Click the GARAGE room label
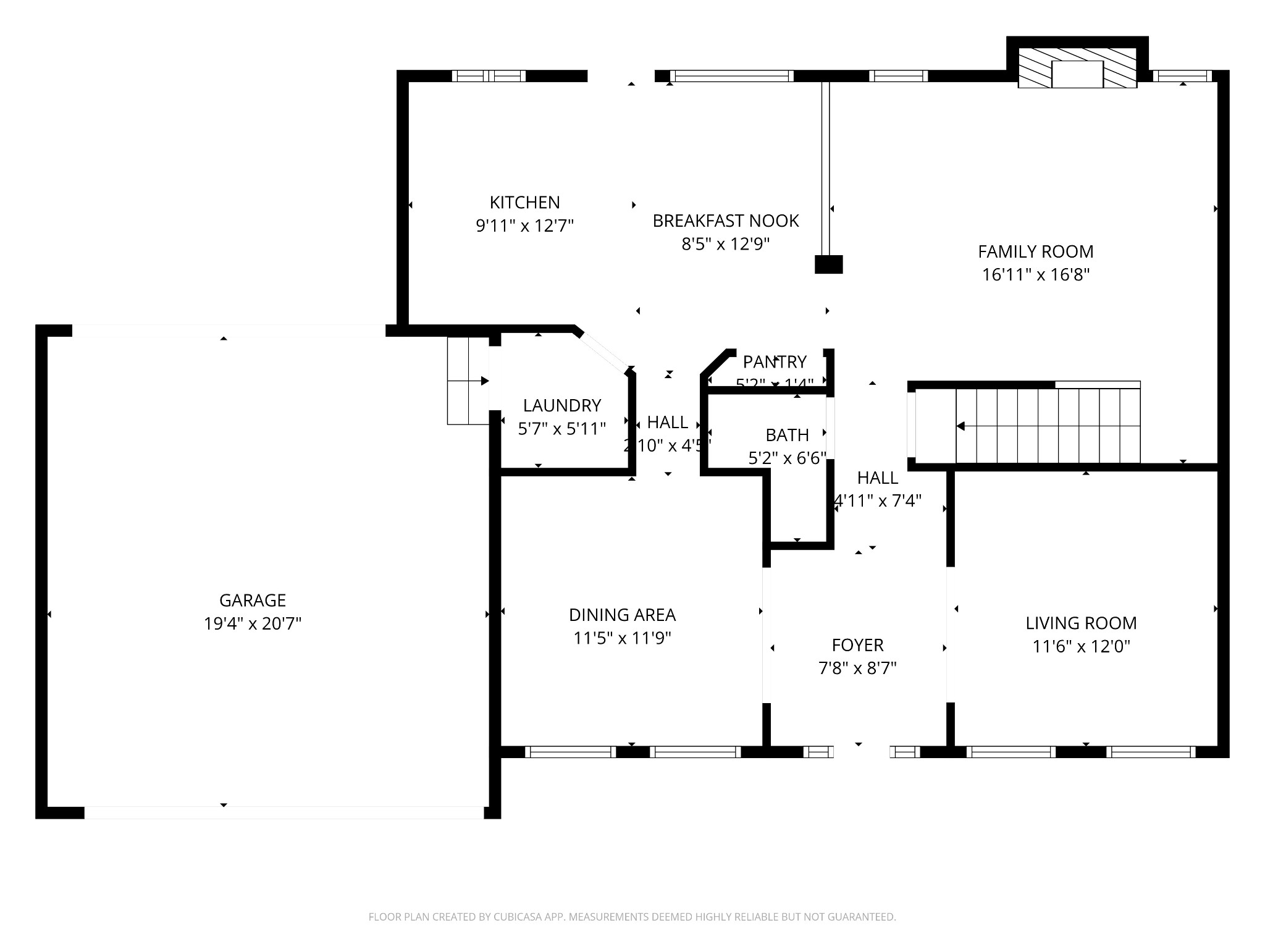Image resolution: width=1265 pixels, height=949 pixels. click(253, 600)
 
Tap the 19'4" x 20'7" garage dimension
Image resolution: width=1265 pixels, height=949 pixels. click(253, 624)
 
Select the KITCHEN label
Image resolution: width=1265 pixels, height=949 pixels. click(524, 202)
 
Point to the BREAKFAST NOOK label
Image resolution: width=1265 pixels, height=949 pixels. click(725, 221)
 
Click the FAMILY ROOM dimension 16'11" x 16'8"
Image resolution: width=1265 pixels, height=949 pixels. click(1035, 275)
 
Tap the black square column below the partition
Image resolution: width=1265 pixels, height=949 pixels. click(828, 264)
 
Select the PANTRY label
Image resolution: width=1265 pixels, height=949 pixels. click(775, 361)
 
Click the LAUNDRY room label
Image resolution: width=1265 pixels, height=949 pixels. click(561, 405)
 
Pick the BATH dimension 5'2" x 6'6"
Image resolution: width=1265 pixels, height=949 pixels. click(787, 458)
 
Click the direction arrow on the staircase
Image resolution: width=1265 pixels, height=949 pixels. click(961, 426)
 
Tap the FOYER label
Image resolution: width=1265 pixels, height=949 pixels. click(857, 645)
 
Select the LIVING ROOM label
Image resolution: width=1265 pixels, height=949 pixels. click(1081, 623)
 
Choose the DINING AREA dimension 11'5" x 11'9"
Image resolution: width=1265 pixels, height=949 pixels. click(622, 638)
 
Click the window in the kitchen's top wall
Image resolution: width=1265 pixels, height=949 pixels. click(489, 76)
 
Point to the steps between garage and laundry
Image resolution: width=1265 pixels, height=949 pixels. click(468, 381)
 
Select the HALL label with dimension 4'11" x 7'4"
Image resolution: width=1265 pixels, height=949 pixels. click(877, 478)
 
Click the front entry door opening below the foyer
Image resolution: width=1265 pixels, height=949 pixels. click(861, 752)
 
